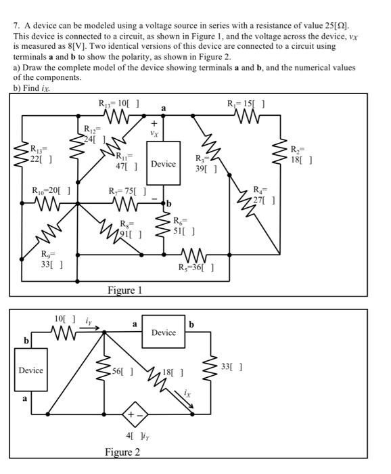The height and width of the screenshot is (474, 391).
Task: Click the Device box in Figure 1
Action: (162, 163)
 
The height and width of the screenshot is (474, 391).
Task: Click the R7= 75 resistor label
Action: (127, 190)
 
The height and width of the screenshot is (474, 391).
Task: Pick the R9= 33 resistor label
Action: (51, 259)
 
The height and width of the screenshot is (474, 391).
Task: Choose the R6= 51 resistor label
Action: (183, 225)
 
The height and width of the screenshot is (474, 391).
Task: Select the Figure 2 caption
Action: (122, 452)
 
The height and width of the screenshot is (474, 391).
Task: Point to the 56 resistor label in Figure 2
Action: (126, 372)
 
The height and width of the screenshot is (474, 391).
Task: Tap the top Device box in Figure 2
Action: (163, 333)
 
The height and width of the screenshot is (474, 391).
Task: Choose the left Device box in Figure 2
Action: (30, 370)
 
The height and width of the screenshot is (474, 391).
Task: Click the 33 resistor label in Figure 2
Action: (233, 368)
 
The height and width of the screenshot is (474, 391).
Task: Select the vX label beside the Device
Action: (154, 134)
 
